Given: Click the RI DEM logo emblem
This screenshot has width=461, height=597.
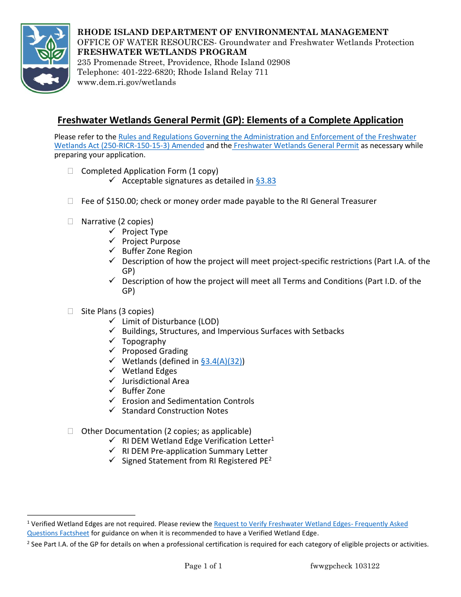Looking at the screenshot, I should tap(46, 58).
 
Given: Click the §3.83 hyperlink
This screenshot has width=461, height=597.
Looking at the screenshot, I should tap(265, 181).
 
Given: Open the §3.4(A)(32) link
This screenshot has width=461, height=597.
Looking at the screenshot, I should tap(221, 361).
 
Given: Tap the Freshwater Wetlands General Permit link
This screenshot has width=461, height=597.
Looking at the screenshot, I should tap(296, 146).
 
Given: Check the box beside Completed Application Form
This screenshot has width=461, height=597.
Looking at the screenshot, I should tap(71, 171).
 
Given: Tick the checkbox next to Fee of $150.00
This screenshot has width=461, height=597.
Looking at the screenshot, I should tap(71, 201).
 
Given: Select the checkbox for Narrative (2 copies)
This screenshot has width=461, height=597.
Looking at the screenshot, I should tap(71, 221).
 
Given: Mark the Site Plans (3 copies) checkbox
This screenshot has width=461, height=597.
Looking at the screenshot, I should tap(71, 311).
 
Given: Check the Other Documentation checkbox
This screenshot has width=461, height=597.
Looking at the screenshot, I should tap(71, 431).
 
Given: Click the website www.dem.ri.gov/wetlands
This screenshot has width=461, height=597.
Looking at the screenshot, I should tap(127, 83).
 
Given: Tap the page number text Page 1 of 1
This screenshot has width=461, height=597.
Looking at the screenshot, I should tap(203, 566).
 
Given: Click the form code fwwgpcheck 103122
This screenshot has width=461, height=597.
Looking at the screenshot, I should tap(345, 566).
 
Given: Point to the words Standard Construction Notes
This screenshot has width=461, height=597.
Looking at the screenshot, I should tap(175, 411).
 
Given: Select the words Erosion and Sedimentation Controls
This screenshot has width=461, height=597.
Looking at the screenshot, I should tap(188, 401).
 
